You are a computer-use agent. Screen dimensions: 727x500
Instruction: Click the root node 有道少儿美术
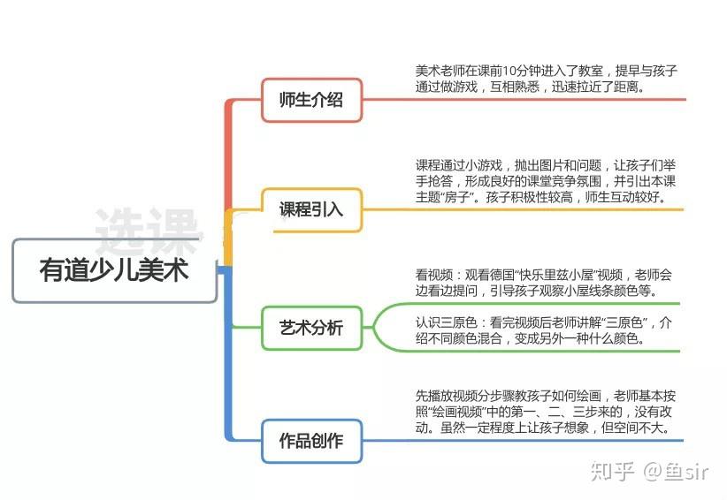tap(114, 269)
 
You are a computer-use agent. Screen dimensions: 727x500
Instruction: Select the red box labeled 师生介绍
tap(310, 99)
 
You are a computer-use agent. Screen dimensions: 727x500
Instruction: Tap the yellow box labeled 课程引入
tap(310, 209)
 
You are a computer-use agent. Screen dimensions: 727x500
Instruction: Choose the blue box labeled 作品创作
tap(310, 440)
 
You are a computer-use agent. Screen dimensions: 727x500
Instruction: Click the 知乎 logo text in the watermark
tap(611, 471)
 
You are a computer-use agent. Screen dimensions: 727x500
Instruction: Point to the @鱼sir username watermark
tap(676, 471)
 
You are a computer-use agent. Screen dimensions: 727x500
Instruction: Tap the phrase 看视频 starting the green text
tap(433, 274)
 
